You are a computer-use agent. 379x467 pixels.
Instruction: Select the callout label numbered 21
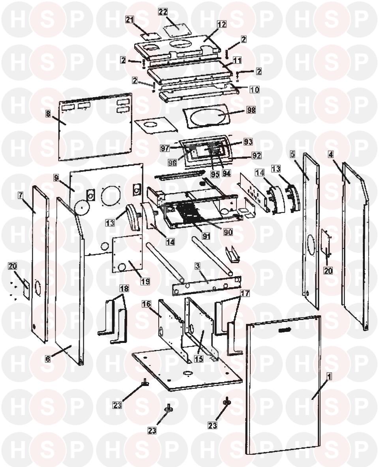(x=129, y=20)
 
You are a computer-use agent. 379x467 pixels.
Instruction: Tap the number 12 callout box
(x=221, y=24)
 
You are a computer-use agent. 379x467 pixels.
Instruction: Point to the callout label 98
(x=251, y=110)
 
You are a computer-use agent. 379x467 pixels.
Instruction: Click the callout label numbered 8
(x=48, y=113)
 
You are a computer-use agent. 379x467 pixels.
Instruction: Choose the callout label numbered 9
(x=56, y=178)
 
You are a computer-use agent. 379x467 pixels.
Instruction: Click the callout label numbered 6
(x=48, y=359)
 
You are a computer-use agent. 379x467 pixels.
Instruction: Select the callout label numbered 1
(x=329, y=377)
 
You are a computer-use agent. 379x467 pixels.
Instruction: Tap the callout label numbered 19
(x=145, y=281)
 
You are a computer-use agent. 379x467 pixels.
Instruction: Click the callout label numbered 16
(x=146, y=304)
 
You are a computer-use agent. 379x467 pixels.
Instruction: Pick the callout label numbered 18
(x=124, y=288)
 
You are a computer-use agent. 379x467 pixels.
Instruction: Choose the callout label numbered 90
(x=228, y=232)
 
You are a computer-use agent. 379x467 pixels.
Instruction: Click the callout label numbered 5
(x=293, y=154)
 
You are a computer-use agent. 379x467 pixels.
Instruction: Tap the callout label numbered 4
(x=331, y=154)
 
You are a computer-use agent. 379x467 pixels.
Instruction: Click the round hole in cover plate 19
(x=122, y=267)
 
